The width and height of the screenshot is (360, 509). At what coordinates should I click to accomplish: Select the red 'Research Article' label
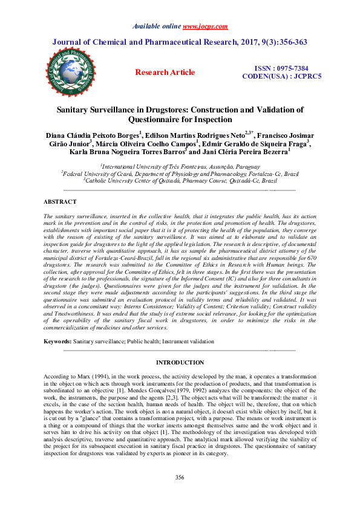[165, 73]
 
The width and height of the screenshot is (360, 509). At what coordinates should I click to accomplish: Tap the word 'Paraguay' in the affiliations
[247, 166]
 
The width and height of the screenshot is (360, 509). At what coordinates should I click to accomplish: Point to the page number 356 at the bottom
[180, 494]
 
